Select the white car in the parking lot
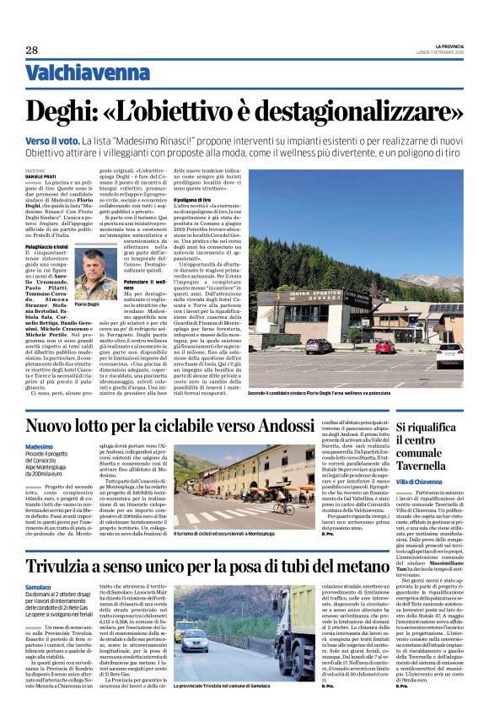(449, 353)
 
